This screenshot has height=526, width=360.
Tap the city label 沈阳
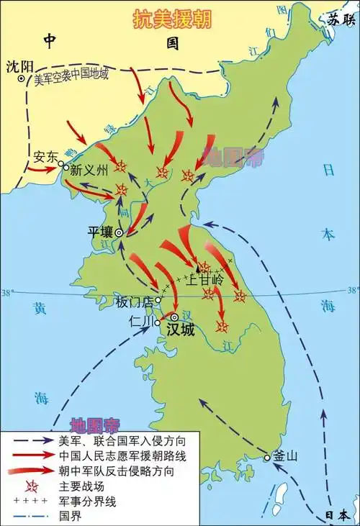[x=19, y=66]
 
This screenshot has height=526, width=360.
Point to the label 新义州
[x=88, y=171]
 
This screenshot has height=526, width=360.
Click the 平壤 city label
[x=101, y=232]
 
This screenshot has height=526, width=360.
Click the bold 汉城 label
[x=180, y=329]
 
